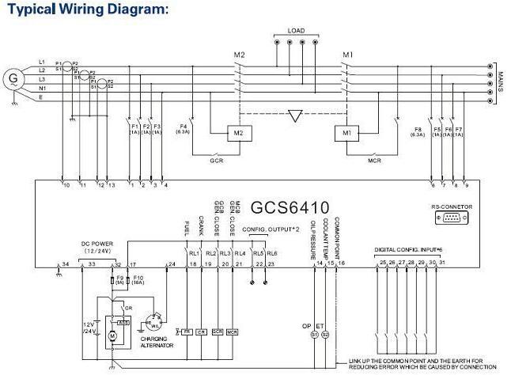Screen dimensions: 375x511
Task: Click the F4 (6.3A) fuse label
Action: (x=184, y=130)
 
